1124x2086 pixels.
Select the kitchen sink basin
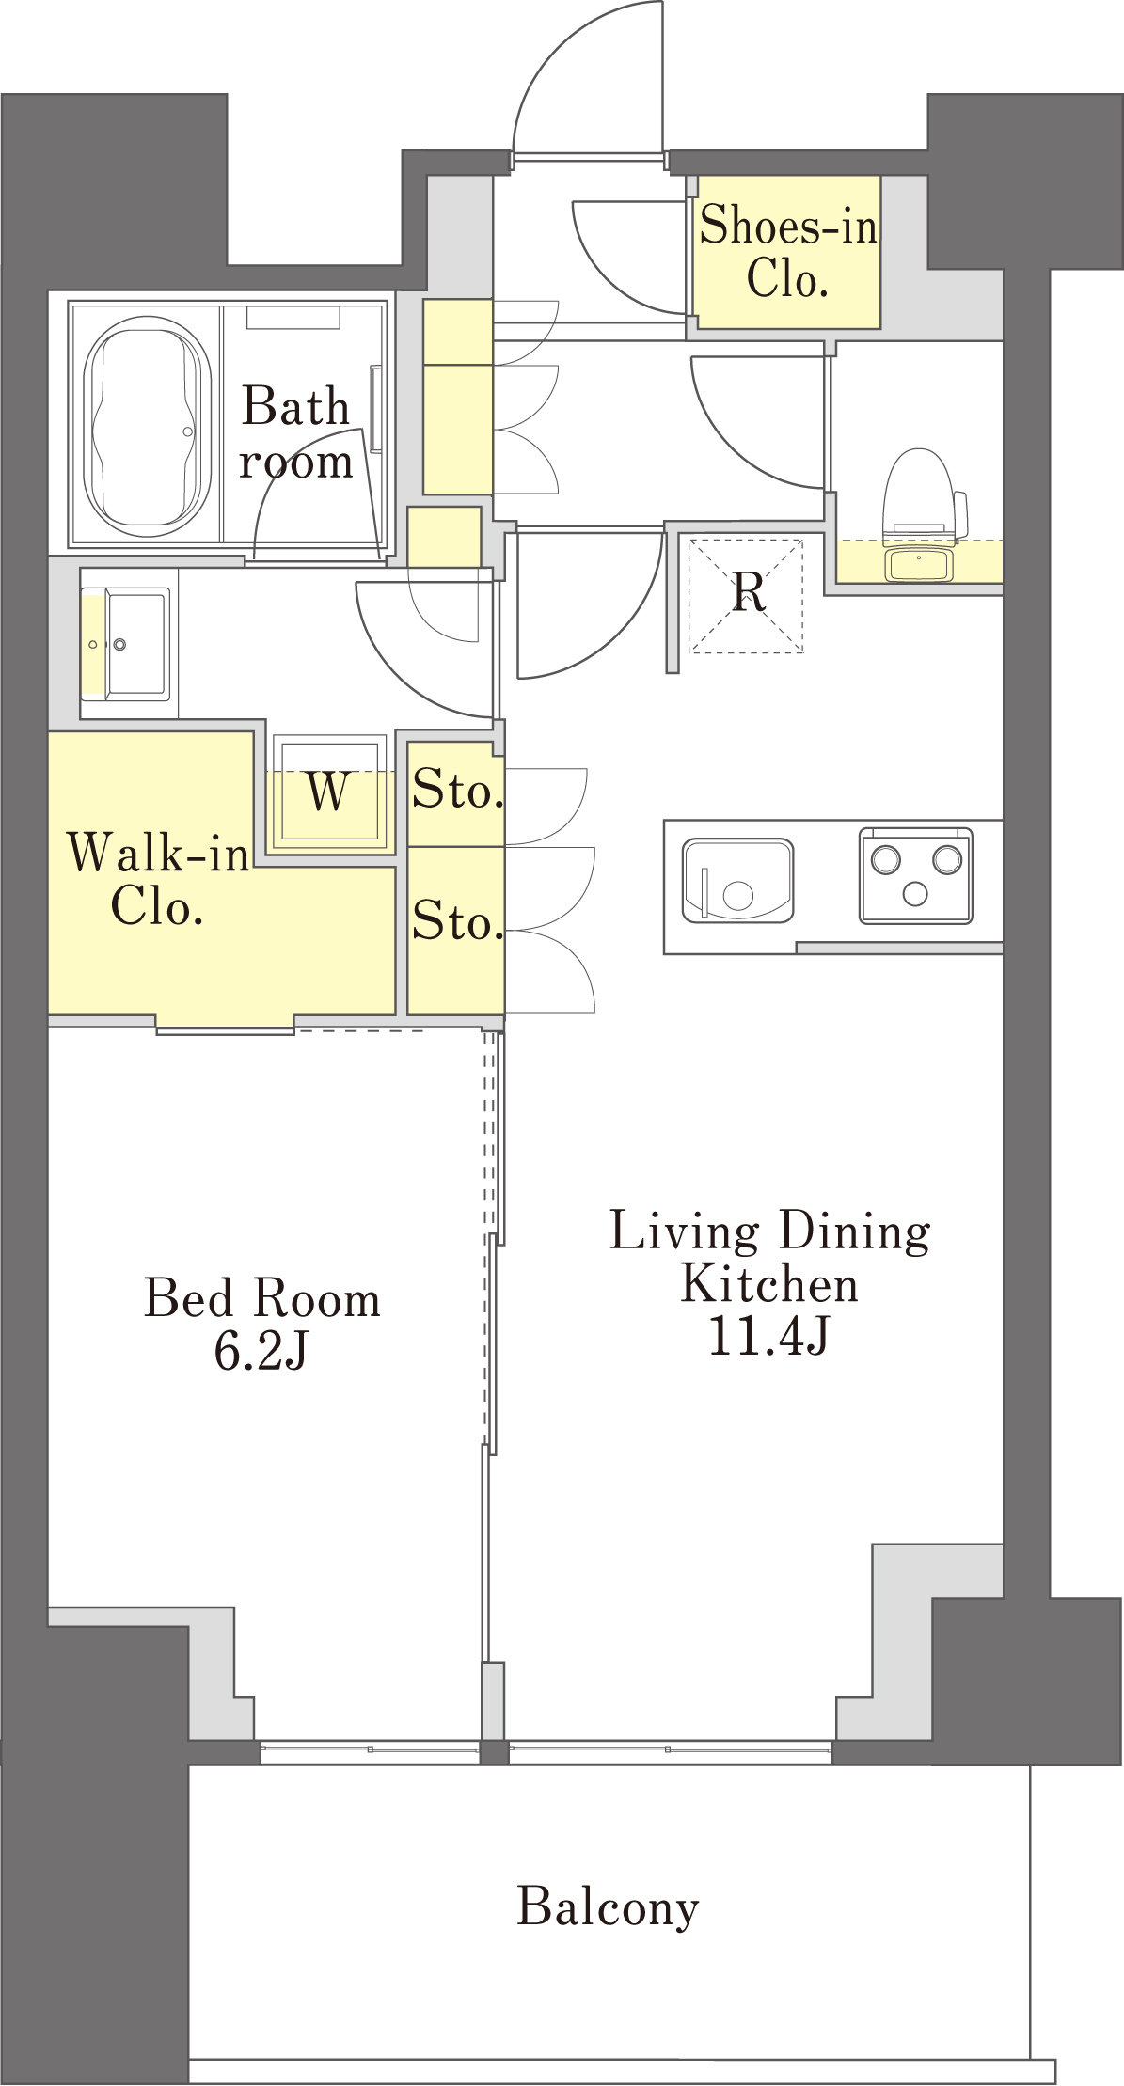[737, 881]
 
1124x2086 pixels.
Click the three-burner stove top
[915, 875]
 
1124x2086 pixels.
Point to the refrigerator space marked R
[747, 595]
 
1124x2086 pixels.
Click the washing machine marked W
[329, 792]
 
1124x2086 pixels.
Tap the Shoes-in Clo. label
[788, 251]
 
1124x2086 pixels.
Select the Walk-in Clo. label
[158, 879]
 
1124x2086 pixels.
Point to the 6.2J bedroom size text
[261, 1351]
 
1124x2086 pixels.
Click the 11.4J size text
[768, 1335]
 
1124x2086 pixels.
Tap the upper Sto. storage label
[457, 790]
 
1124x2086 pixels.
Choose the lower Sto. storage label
[457, 920]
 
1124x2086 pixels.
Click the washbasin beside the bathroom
[126, 644]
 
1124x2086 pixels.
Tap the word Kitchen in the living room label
[769, 1284]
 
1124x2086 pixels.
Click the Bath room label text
[295, 433]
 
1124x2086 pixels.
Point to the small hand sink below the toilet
[919, 564]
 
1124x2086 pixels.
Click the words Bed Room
[261, 1298]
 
